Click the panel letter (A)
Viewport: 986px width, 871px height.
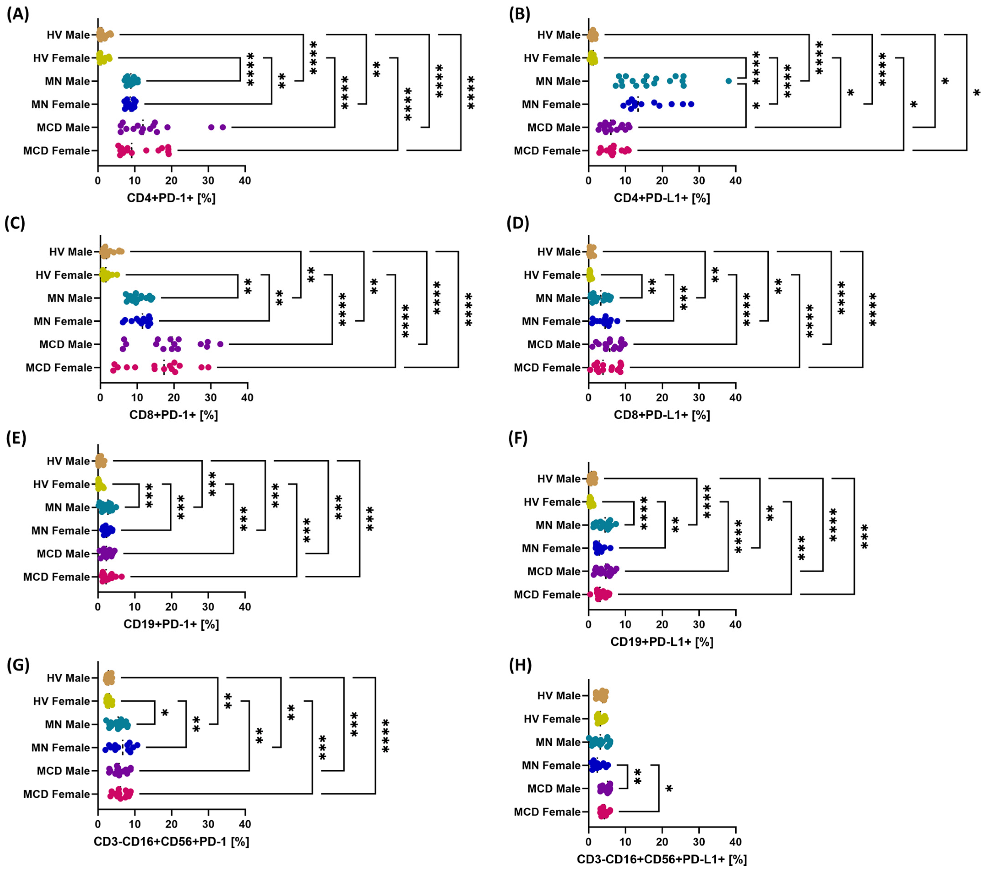[18, 14]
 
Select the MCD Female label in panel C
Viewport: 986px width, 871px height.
[59, 368]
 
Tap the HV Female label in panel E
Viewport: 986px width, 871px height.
[61, 484]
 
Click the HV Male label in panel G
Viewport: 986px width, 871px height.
[68, 678]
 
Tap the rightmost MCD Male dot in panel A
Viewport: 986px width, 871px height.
[223, 127]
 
